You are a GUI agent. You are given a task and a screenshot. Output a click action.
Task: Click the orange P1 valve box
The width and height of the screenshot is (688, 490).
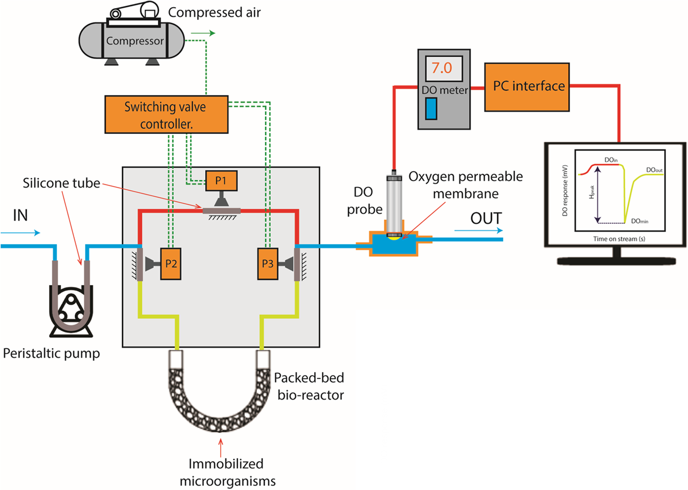[x=221, y=181]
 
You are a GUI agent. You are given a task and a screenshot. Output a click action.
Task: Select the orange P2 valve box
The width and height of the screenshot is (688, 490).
[x=171, y=264]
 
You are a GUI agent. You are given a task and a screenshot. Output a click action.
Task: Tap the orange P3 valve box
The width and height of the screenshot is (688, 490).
[x=267, y=264]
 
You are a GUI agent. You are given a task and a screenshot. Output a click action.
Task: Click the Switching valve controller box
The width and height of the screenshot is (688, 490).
[x=166, y=115]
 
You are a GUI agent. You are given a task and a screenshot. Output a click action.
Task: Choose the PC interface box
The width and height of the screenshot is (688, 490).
[x=527, y=87]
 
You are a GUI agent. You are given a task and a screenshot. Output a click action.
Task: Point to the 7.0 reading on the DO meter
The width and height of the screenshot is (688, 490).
[x=443, y=68]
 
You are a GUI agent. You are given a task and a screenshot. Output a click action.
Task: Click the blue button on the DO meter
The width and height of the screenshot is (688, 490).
[x=431, y=109]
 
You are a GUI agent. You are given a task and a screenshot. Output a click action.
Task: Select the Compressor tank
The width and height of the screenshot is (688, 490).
[x=132, y=40]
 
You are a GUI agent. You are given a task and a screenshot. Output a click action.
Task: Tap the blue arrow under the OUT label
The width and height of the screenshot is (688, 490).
[x=478, y=231]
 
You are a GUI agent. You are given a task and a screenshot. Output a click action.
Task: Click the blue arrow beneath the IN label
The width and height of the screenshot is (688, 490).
[x=20, y=233]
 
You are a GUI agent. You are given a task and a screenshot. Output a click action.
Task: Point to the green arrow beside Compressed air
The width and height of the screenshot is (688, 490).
[x=203, y=33]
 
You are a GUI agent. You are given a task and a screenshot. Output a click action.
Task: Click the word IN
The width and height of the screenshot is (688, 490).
[x=20, y=216]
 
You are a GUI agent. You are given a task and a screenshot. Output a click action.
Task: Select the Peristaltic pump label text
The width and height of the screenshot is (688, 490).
[x=52, y=353]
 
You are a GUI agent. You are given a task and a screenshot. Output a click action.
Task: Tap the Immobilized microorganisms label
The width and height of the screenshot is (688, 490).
[x=227, y=472]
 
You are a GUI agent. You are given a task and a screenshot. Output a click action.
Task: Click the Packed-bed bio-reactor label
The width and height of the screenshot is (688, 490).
[x=310, y=386]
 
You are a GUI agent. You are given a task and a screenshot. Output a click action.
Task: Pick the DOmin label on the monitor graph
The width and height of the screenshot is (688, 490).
[x=640, y=221]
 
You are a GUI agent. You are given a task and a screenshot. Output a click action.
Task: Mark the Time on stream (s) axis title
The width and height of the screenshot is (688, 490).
[x=619, y=239]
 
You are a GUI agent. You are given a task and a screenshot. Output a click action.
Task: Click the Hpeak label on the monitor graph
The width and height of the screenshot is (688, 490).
[x=592, y=192]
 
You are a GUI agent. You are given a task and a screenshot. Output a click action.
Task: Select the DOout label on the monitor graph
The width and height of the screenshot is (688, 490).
[x=654, y=170]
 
